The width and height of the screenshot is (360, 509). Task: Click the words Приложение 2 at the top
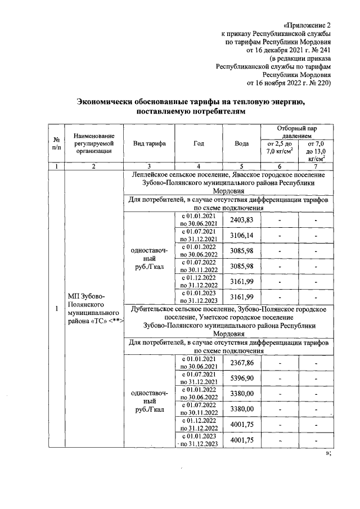coord(307,26)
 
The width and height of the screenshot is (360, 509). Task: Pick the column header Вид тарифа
coord(149,143)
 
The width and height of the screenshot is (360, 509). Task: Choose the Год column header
coord(199,143)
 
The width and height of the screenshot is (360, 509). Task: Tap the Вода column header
coord(241,143)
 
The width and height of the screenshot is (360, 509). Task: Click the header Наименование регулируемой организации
coord(94,143)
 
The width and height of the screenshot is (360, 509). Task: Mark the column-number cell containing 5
coord(241,166)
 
